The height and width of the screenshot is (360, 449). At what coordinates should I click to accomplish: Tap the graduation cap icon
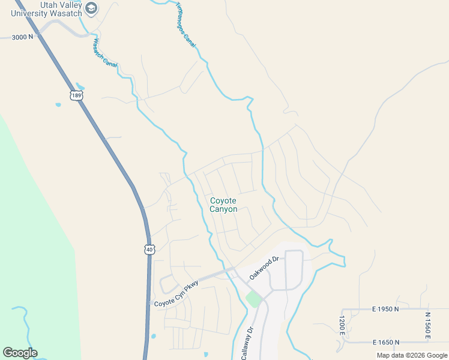[91, 8]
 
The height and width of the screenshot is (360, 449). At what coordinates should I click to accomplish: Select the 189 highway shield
[76, 95]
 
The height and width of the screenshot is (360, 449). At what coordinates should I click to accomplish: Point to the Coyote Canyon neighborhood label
[223, 205]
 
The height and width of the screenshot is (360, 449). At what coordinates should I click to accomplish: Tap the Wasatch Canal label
[104, 53]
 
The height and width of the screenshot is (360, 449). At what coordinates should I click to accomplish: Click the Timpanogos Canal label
[186, 26]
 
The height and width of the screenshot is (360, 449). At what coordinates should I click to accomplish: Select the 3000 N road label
[23, 37]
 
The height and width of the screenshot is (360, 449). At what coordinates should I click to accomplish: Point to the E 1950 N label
[386, 309]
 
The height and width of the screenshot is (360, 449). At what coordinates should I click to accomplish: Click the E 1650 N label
[386, 342]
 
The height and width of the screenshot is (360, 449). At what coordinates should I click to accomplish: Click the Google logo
[20, 353]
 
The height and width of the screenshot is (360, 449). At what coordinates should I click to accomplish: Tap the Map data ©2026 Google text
[412, 355]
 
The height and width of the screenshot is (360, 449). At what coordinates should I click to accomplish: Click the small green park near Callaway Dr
[254, 298]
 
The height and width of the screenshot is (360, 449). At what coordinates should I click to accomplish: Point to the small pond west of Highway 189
[58, 105]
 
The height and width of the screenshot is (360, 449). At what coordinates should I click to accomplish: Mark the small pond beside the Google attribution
[206, 355]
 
